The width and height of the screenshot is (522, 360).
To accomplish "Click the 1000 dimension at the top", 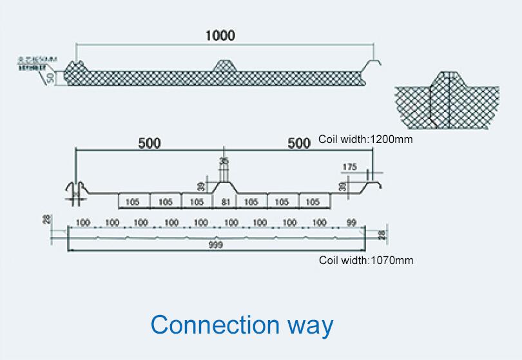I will point(220,35).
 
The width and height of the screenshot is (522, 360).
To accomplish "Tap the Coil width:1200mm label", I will point(365,139).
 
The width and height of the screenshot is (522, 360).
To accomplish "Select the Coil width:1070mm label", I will point(366,261).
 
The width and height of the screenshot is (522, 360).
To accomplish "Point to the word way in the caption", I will point(311,326).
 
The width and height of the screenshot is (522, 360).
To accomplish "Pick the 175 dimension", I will point(349,167).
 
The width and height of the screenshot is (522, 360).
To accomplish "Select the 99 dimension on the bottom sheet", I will point(351,223).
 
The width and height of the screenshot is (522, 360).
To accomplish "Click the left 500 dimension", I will point(150,143).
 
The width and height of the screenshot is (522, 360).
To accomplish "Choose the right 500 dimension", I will point(299,143).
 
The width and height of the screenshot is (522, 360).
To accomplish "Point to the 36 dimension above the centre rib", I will point(223,161).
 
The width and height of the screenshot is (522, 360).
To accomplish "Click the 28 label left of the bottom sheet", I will point(46,220).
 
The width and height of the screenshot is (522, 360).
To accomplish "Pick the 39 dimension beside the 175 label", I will point(342,186).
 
